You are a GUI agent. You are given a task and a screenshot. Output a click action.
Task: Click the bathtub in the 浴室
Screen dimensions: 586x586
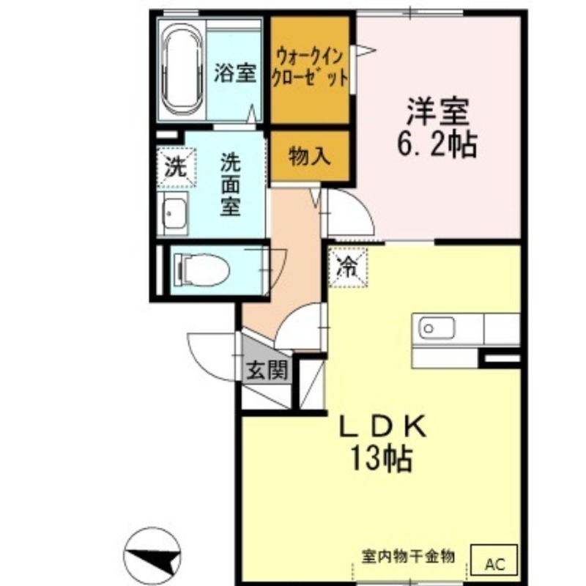[x=181, y=73]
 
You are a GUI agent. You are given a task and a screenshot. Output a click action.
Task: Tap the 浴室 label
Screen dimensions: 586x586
[x=234, y=74]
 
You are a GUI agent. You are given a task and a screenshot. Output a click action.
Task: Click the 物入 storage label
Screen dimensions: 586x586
[x=309, y=156]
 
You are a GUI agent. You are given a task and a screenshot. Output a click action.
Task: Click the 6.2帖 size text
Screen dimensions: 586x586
[x=437, y=145]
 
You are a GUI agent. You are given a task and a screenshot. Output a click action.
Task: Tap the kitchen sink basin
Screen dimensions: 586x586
[x=436, y=327]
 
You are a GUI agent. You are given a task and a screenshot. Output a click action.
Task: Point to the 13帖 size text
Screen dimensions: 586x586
[x=381, y=459]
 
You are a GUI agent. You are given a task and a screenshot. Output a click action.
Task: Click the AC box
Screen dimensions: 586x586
[x=497, y=563]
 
